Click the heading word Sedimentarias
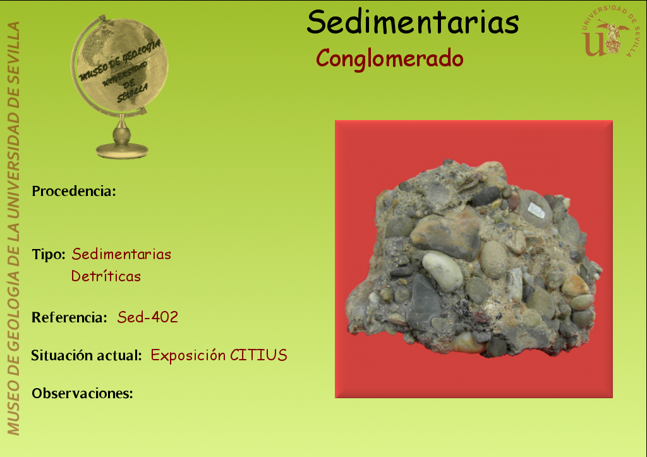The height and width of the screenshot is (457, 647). click(x=413, y=22)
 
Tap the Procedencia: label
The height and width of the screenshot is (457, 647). click(x=74, y=191)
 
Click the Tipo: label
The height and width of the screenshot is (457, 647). click(x=48, y=254)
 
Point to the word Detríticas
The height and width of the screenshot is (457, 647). click(x=106, y=276)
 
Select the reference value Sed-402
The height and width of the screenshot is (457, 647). click(x=148, y=317)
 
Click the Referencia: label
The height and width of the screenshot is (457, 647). click(x=70, y=317)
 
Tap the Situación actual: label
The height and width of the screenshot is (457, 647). click(x=87, y=355)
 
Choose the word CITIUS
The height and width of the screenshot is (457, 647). click(x=258, y=355)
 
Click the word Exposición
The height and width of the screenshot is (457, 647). click(x=188, y=355)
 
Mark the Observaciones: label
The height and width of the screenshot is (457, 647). click(x=83, y=393)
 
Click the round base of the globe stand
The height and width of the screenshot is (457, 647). click(x=122, y=150)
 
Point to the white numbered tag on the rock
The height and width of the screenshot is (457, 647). click(x=536, y=210)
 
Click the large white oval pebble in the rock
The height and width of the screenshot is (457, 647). click(x=442, y=271)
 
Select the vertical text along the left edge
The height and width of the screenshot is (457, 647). click(x=13, y=229)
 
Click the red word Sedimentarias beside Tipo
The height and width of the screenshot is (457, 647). click(x=121, y=254)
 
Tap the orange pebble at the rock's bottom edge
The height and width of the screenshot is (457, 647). click(x=468, y=343)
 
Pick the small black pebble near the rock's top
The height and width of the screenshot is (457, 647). click(x=486, y=196)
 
